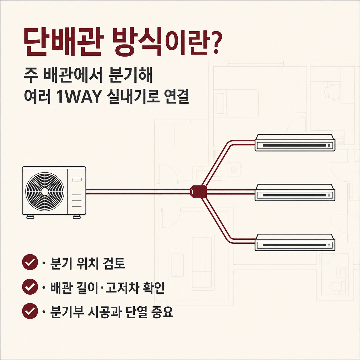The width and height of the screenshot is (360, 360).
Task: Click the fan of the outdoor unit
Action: tap(45, 192)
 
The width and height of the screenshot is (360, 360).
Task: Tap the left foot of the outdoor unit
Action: tap(30, 217)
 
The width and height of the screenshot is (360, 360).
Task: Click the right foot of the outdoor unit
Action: tap(77, 217)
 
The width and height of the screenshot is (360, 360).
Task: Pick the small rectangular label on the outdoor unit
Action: tap(77, 179)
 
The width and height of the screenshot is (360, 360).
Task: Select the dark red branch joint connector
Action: tap(198, 192)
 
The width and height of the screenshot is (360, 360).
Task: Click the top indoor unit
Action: tap(295, 143)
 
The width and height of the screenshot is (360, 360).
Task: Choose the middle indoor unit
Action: tap(295, 193)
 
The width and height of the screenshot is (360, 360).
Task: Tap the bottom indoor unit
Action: tap(295, 242)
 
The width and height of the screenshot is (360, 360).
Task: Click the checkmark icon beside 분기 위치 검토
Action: tap(30, 262)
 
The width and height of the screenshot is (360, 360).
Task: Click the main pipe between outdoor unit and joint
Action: tap(138, 192)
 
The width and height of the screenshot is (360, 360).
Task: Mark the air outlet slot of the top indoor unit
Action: tap(294, 145)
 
